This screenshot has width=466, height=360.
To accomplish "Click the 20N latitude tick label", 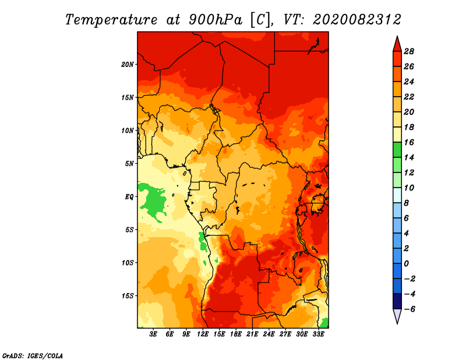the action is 128,65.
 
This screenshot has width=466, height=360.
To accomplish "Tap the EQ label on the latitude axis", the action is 129,197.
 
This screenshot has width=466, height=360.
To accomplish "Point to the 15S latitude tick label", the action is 128,296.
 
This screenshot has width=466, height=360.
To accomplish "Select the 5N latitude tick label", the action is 129,164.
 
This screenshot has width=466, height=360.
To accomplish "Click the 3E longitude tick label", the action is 153,334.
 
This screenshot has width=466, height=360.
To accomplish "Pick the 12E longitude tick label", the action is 203,334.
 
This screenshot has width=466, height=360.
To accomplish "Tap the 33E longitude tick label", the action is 318,334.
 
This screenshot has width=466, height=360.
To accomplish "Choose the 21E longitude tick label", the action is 252,334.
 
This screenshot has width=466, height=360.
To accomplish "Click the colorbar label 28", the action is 409,51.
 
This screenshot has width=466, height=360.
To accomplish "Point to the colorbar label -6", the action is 409,309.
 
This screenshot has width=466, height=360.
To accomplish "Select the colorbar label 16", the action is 409,142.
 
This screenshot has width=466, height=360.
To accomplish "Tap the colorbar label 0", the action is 406,264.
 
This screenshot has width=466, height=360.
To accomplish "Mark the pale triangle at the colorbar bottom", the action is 397,315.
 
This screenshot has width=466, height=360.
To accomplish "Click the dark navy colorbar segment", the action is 397,301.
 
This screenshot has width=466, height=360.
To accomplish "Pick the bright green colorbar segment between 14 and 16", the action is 397,150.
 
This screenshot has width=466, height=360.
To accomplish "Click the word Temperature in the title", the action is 111,20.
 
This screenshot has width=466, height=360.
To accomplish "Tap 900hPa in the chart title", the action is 215,20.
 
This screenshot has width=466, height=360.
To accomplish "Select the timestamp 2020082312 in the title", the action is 357,20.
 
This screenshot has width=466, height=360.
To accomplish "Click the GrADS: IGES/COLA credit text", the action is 33,356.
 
